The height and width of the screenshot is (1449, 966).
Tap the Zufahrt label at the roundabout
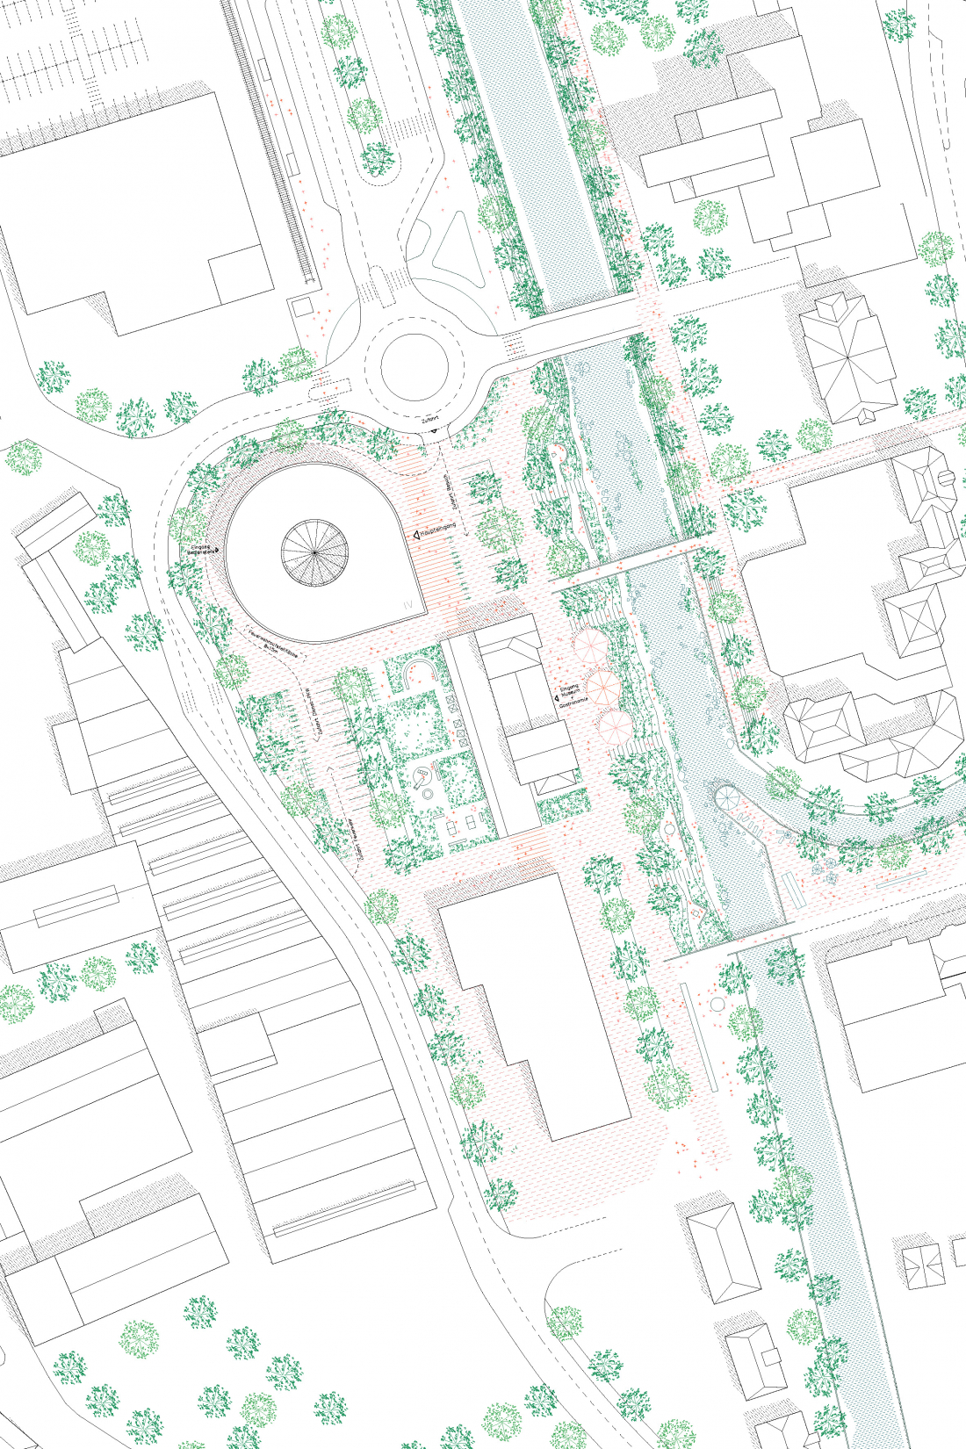click(429, 422)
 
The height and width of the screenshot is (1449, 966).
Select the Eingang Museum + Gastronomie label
click(569, 696)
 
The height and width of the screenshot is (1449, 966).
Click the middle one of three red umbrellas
click(603, 687)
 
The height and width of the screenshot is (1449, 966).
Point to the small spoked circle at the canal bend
click(727, 798)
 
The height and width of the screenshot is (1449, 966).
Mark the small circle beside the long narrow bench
click(717, 1003)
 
